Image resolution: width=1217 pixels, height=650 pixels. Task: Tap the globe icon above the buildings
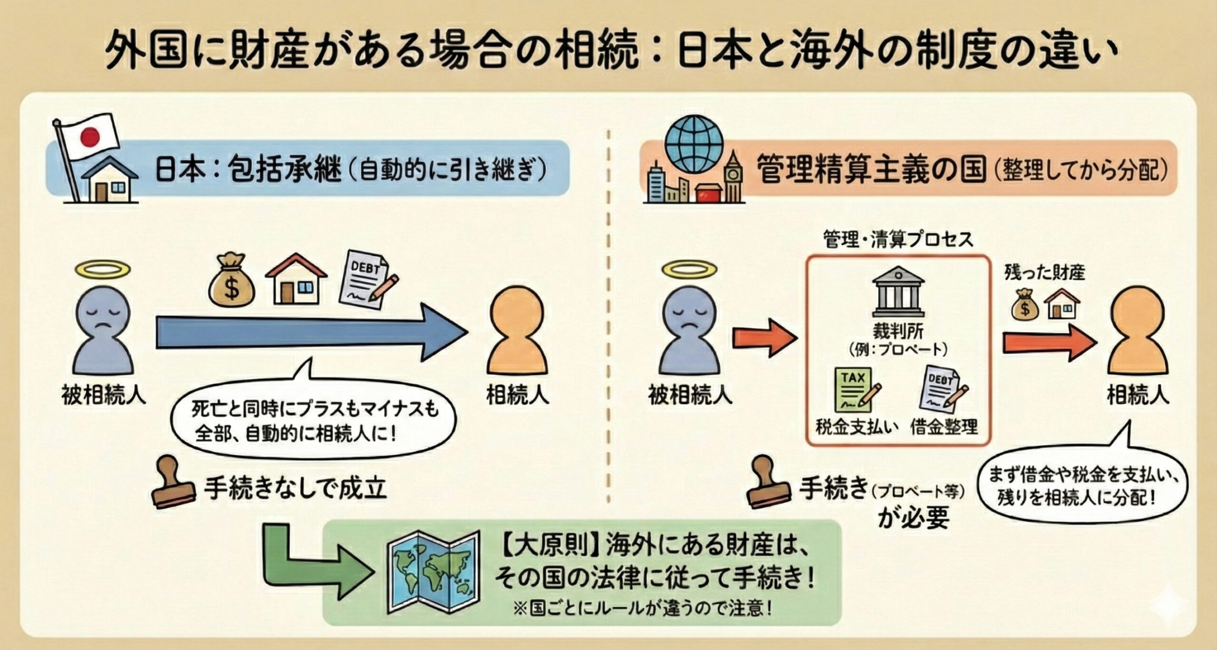pos(694,145)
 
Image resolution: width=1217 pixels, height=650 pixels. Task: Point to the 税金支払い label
pos(856,427)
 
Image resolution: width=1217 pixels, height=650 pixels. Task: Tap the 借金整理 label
pos(944,427)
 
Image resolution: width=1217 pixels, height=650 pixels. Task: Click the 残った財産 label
pos(1044,273)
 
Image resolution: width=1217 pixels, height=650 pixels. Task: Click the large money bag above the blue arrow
pos(232,281)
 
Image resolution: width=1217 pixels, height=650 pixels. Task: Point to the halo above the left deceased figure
pos(102,270)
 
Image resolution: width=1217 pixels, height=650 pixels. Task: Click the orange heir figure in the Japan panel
pos(517,333)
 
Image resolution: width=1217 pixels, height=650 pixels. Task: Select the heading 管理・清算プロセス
pos(898,240)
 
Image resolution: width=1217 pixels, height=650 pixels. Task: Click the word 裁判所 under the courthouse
pos(898,330)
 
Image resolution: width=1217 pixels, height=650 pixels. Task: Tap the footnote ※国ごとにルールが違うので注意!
pos(642,608)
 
